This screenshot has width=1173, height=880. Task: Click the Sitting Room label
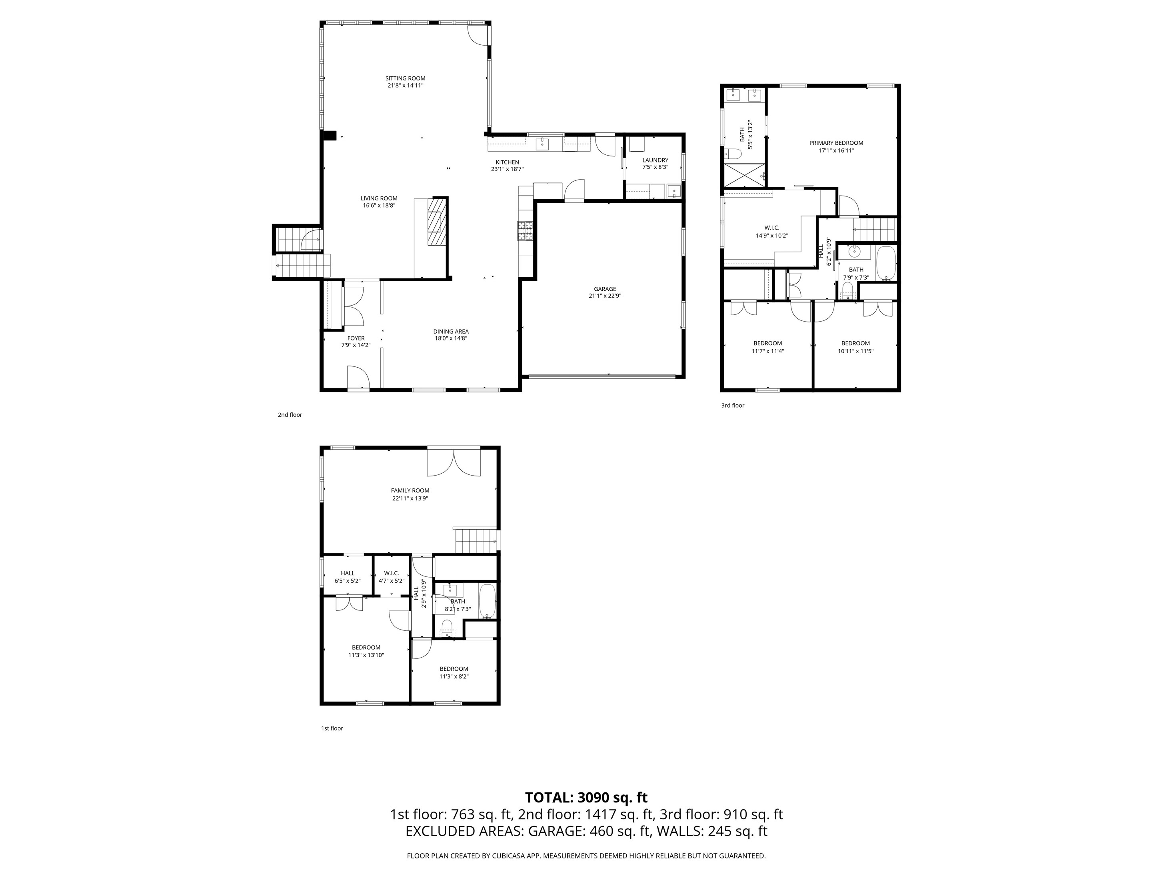pyautogui.click(x=405, y=78)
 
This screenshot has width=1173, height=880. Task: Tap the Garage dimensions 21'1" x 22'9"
pyautogui.click(x=605, y=296)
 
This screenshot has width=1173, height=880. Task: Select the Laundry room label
pyautogui.click(x=655, y=160)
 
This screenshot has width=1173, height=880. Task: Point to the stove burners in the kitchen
pyautogui.click(x=526, y=231)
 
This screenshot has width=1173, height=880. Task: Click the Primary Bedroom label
pyautogui.click(x=836, y=143)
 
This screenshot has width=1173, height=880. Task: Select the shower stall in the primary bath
pyautogui.click(x=745, y=175)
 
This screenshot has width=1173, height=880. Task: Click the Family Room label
pyautogui.click(x=410, y=491)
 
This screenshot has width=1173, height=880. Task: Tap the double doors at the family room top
pyautogui.click(x=454, y=462)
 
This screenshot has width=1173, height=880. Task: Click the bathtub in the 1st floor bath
pyautogui.click(x=488, y=602)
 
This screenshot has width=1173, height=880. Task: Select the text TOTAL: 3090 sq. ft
pyautogui.click(x=586, y=797)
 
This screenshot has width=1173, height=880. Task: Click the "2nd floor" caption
pyautogui.click(x=290, y=415)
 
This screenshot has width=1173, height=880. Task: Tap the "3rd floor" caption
pyautogui.click(x=732, y=405)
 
